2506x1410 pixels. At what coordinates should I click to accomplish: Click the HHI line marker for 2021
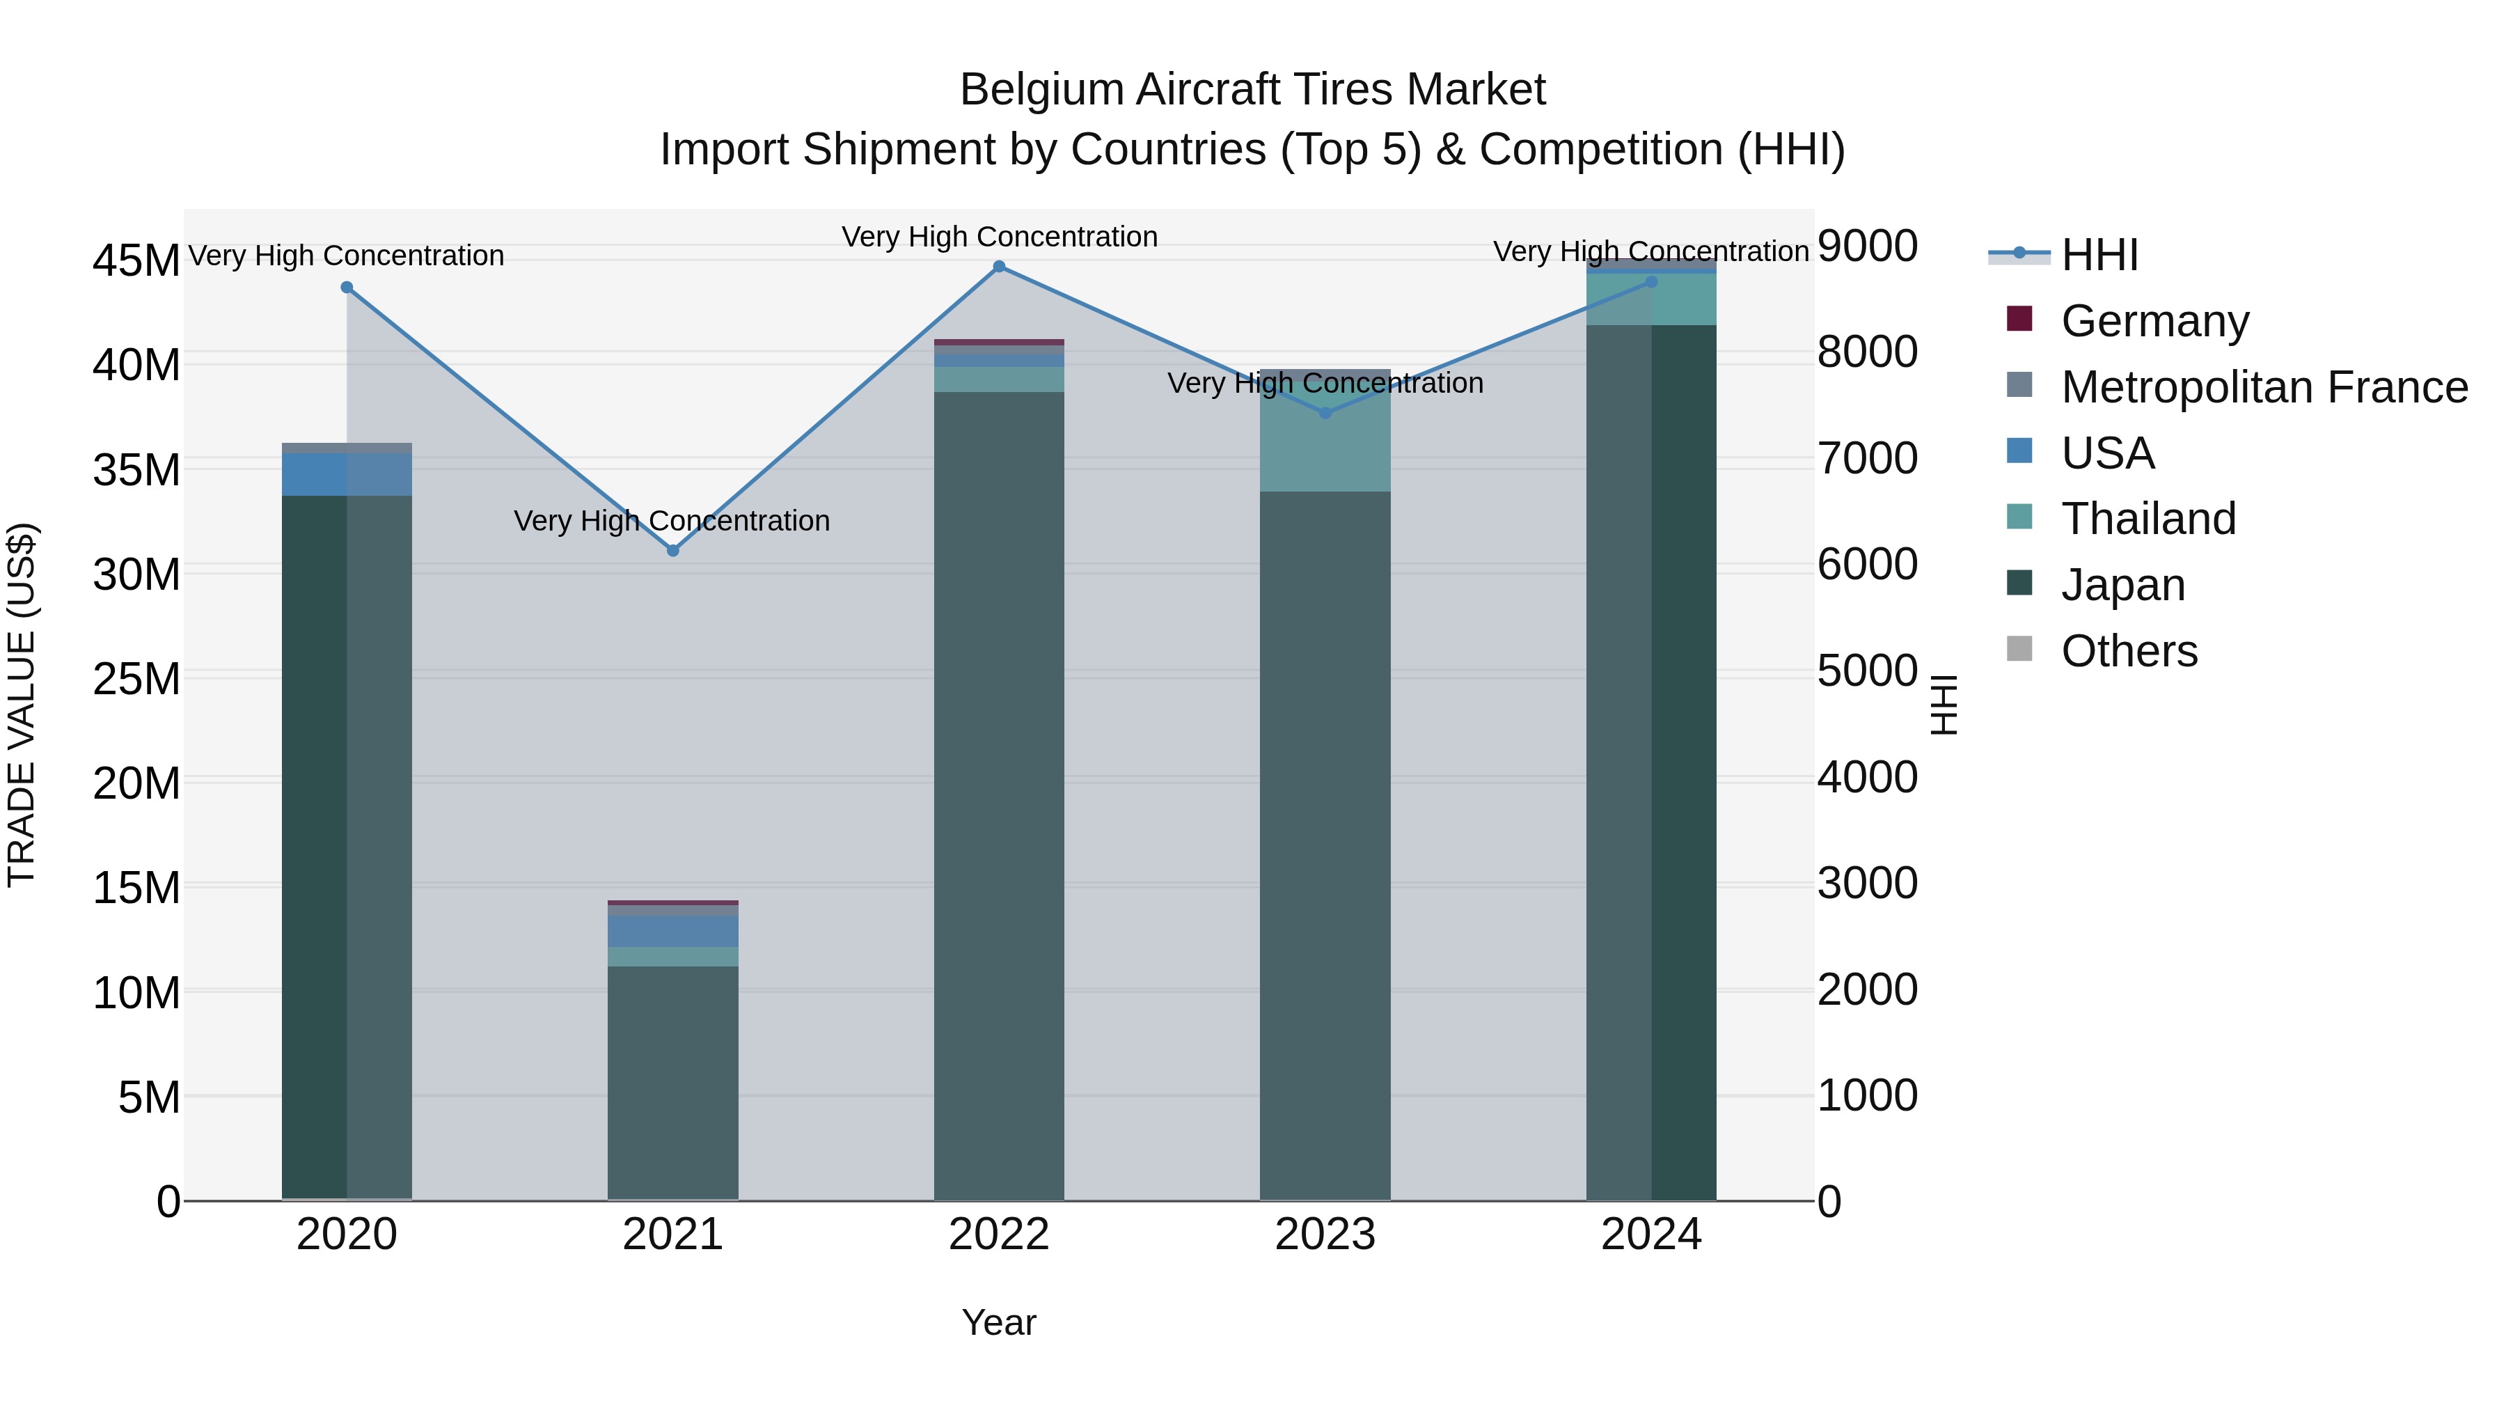672,551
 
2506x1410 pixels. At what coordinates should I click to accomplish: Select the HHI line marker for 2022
999,267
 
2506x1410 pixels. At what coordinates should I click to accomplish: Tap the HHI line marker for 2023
1325,413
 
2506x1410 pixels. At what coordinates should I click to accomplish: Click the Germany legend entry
2154,321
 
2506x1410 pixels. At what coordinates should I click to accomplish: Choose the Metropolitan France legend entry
2264,387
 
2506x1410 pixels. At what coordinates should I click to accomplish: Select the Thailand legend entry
2148,519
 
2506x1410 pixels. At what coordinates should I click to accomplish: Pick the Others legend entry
2129,651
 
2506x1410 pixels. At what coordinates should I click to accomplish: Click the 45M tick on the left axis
136,261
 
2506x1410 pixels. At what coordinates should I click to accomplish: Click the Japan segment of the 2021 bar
672,1080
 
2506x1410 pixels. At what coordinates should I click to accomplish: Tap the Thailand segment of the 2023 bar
1325,443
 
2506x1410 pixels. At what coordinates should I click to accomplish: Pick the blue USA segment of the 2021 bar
672,931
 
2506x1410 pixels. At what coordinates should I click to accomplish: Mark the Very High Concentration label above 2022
999,237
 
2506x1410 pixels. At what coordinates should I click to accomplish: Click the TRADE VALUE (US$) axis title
22,705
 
